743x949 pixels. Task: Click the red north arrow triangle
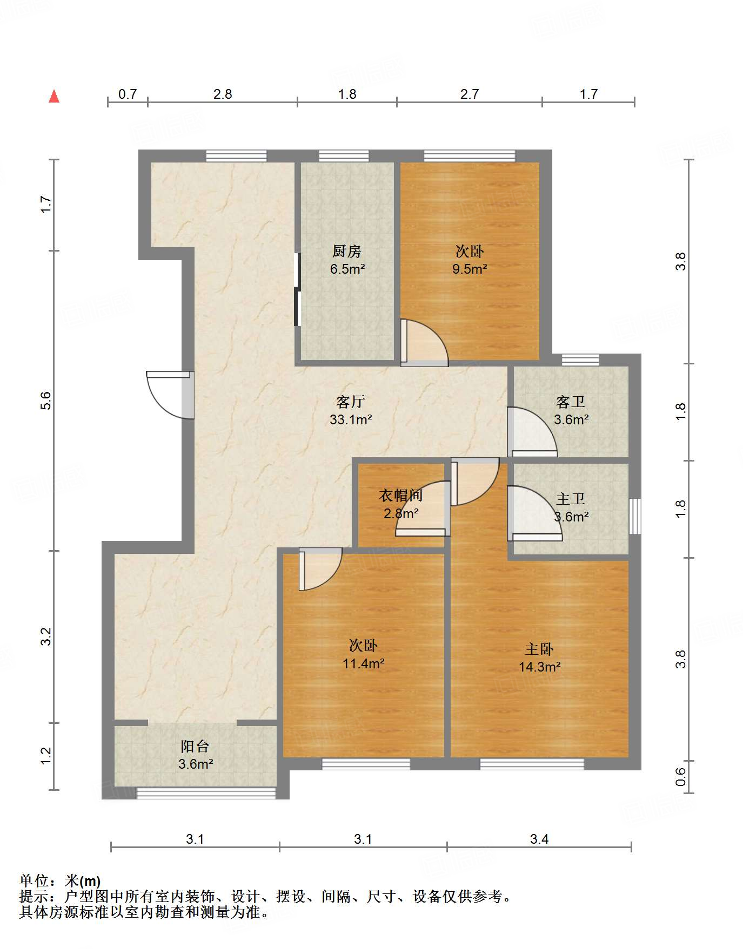point(54,96)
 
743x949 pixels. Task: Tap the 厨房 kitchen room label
point(346,251)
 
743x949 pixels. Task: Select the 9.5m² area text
point(470,269)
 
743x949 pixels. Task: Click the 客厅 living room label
point(351,402)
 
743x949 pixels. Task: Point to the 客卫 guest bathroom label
point(571,402)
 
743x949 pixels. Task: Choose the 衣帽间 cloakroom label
point(400,495)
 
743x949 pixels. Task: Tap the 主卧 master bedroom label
point(539,649)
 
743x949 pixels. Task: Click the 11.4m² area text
point(363,663)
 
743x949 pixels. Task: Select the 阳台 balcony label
point(195,747)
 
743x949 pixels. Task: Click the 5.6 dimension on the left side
point(46,401)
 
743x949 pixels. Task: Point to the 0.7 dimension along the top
point(128,94)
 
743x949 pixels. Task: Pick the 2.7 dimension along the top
point(470,94)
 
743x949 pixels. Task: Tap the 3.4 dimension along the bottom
point(539,839)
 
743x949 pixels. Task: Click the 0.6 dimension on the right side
point(681,777)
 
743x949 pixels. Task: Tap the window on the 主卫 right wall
point(635,517)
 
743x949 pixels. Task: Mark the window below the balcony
point(206,793)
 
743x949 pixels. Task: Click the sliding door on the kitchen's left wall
point(297,290)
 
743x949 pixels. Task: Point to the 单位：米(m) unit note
point(60,881)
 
